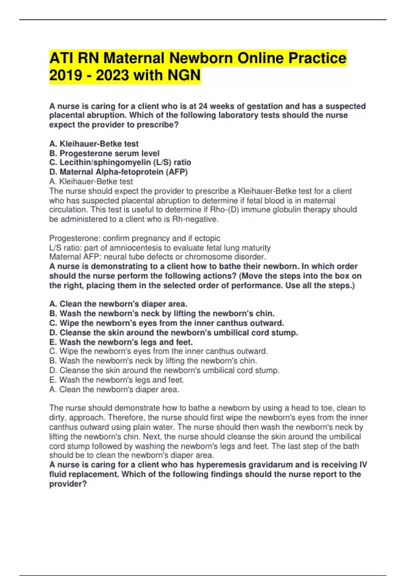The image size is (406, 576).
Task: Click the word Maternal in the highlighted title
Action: [134, 58]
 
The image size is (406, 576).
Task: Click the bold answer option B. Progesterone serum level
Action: [104, 153]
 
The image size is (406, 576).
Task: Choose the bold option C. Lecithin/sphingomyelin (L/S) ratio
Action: [120, 162]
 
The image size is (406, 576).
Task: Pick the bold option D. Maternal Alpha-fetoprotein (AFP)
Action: [118, 172]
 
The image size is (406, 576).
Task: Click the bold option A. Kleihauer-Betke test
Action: [94, 144]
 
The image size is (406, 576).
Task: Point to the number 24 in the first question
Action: [203, 106]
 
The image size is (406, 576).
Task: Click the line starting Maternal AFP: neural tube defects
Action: [157, 257]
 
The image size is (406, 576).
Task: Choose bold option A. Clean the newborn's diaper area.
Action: [118, 304]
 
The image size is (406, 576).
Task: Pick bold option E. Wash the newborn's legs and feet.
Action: [121, 342]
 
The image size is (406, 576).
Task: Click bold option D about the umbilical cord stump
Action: [174, 332]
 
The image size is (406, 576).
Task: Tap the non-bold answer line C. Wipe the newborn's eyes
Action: [158, 351]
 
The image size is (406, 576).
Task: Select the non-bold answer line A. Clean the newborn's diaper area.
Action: [114, 390]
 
